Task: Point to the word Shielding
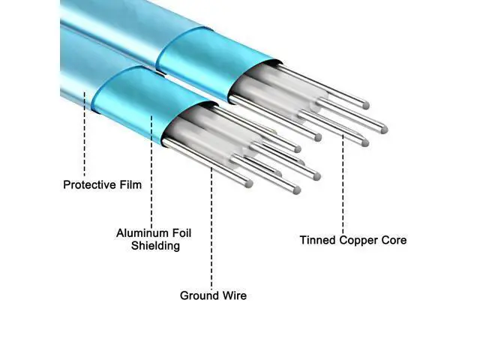click(155, 246)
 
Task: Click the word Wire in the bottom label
click(234, 295)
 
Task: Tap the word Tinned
click(318, 240)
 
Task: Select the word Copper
click(358, 241)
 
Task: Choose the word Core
click(394, 240)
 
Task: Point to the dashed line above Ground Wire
click(211, 228)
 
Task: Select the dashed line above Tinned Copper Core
click(343, 184)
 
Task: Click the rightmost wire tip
click(384, 130)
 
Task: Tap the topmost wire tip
click(366, 106)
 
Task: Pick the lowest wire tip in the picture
click(296, 190)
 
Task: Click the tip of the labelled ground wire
click(249, 184)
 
